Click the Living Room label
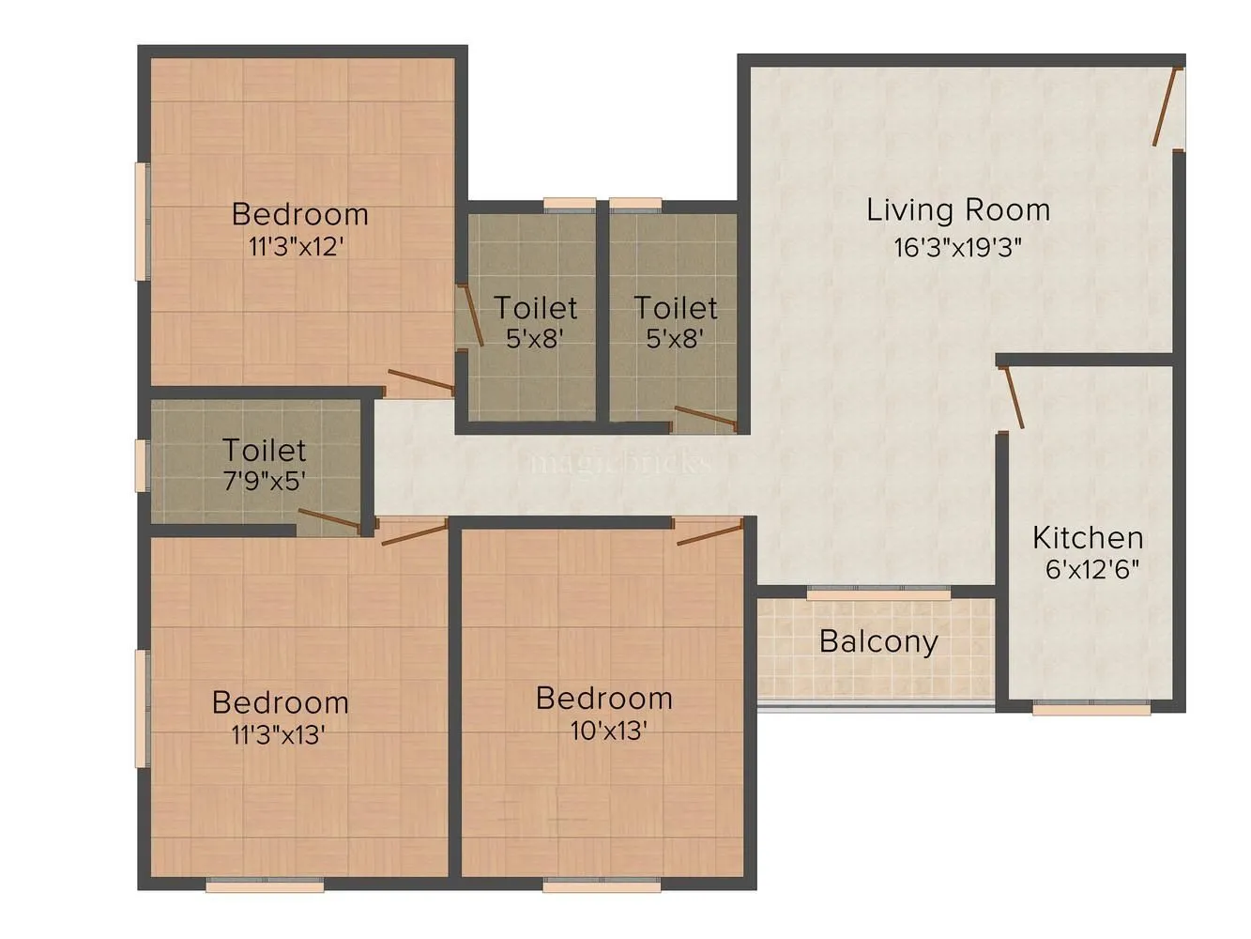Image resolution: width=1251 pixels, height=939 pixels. [957, 209]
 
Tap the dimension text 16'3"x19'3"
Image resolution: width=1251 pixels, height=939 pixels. [957, 247]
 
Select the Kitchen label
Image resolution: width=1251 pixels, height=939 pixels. [1088, 538]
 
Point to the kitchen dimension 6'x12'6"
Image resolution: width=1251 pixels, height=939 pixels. [1091, 569]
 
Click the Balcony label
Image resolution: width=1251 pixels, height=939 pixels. [877, 641]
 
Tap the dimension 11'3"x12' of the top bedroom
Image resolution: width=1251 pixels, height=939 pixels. [299, 247]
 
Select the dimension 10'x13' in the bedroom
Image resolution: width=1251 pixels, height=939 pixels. [608, 731]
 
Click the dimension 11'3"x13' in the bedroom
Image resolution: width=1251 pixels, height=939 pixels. [279, 734]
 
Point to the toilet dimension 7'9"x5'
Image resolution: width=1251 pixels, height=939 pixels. [264, 482]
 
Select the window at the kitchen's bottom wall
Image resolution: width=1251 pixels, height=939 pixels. [1091, 709]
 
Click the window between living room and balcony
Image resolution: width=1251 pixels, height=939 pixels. [877, 593]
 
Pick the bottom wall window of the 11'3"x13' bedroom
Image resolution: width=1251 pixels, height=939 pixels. [265, 885]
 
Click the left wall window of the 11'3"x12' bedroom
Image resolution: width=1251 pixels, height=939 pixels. [142, 222]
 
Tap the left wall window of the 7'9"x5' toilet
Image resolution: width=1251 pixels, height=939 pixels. [142, 465]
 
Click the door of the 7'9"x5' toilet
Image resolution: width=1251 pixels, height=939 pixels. [329, 521]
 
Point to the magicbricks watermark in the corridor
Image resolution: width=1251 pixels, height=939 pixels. [617, 463]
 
